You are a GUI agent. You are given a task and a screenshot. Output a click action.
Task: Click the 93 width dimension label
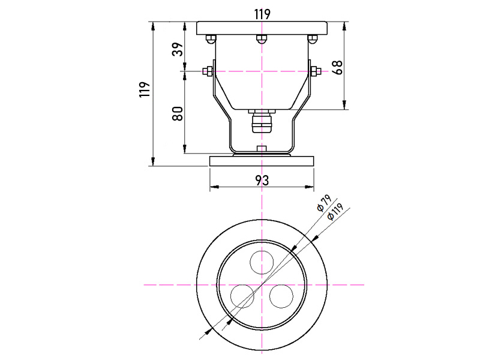click(x=262, y=181)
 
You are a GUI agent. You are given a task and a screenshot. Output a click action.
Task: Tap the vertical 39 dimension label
click(x=178, y=49)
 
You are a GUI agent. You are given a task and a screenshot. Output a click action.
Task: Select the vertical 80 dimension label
click(x=178, y=113)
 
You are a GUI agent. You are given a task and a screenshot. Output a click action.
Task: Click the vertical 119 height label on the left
click(x=145, y=89)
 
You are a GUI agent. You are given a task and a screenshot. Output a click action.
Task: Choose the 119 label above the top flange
click(x=262, y=14)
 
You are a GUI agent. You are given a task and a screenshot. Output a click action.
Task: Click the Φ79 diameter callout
click(x=324, y=203)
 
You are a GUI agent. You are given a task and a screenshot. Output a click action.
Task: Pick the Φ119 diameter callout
click(x=335, y=212)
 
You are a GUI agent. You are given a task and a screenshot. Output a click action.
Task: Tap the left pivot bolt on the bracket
click(x=208, y=71)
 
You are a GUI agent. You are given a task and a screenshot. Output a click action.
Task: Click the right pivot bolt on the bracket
click(x=316, y=71)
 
